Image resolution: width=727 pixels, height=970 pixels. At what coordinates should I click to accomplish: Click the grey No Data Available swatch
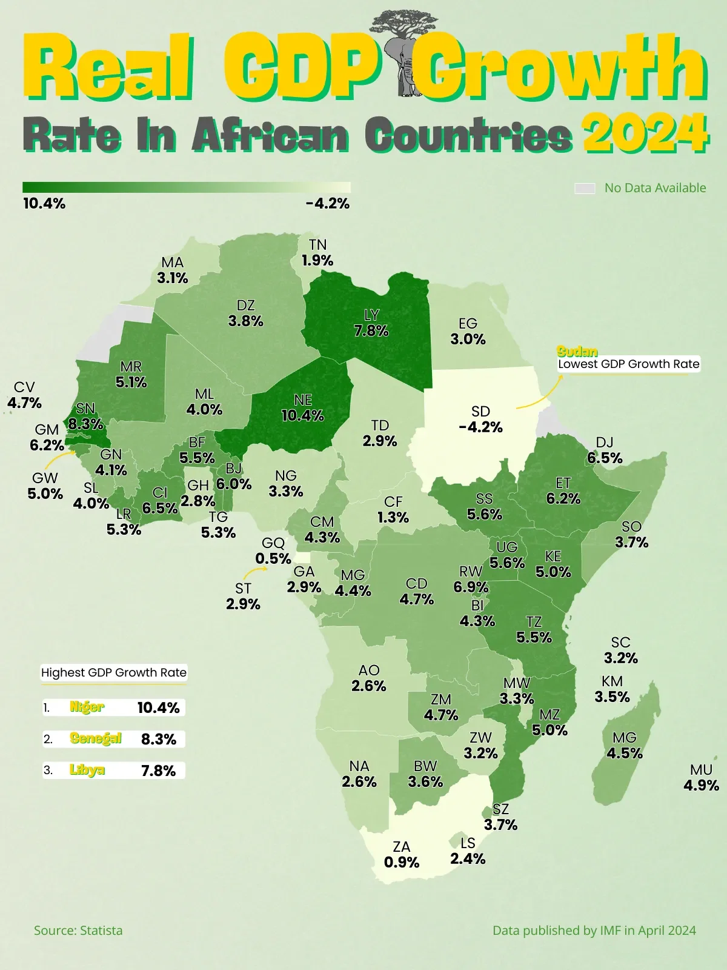(x=585, y=189)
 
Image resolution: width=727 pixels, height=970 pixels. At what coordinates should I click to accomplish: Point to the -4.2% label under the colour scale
(x=328, y=204)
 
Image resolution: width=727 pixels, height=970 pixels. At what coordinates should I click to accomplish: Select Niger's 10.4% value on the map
(x=302, y=416)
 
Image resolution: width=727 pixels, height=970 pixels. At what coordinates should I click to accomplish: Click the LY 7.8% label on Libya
(x=371, y=323)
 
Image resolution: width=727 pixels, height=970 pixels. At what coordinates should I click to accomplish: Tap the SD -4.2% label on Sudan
(x=480, y=420)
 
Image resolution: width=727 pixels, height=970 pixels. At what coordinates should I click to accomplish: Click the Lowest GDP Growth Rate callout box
(x=628, y=364)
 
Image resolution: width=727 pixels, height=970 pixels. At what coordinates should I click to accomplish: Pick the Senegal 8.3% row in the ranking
(x=113, y=739)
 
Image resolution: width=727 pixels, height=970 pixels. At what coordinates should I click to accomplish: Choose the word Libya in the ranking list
(x=87, y=770)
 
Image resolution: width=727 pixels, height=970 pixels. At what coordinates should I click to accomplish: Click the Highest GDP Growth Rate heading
(x=113, y=672)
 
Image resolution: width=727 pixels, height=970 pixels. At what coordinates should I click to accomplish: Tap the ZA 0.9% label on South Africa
(x=402, y=855)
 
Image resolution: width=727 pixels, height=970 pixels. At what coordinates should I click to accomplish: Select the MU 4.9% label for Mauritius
(x=701, y=778)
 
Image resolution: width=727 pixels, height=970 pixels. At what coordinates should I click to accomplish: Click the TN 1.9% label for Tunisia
(x=317, y=253)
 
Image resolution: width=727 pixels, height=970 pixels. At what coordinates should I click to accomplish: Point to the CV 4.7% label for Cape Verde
(x=24, y=395)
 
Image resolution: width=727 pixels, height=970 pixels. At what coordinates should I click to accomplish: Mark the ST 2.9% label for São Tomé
(x=243, y=597)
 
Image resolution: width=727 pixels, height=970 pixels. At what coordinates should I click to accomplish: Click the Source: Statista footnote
(x=78, y=931)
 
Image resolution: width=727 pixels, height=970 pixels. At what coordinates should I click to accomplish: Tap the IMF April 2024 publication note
(x=594, y=931)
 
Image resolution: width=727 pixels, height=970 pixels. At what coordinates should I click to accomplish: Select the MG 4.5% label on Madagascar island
(x=624, y=746)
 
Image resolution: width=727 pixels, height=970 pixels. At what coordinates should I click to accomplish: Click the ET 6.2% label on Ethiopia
(x=563, y=491)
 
